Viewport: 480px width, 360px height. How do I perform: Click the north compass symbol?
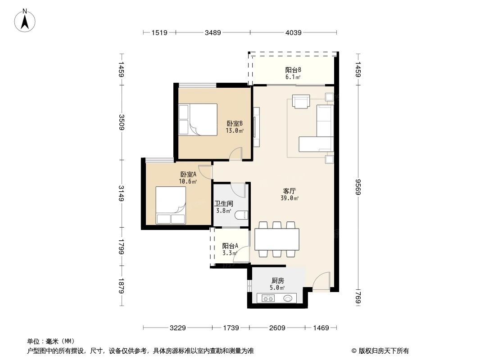pos(26,20)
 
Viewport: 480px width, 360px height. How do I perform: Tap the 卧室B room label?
pos(235,124)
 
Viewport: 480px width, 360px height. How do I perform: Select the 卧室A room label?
pos(188,175)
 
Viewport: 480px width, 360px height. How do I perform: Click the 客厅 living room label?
pos(290,191)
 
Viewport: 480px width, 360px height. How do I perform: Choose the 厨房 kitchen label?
pos(278,280)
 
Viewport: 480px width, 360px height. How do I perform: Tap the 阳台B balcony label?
pos(293,70)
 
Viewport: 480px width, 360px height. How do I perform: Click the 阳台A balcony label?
pos(230,246)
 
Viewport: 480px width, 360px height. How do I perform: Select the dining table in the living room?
pos(277,239)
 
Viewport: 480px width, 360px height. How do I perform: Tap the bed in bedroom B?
pos(198,120)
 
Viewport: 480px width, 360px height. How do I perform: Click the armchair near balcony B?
pos(301,101)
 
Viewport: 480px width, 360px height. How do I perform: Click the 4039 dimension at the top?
pos(294,32)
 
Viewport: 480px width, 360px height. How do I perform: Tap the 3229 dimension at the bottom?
pos(178,328)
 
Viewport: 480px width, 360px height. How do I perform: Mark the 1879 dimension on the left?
pos(121,285)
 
